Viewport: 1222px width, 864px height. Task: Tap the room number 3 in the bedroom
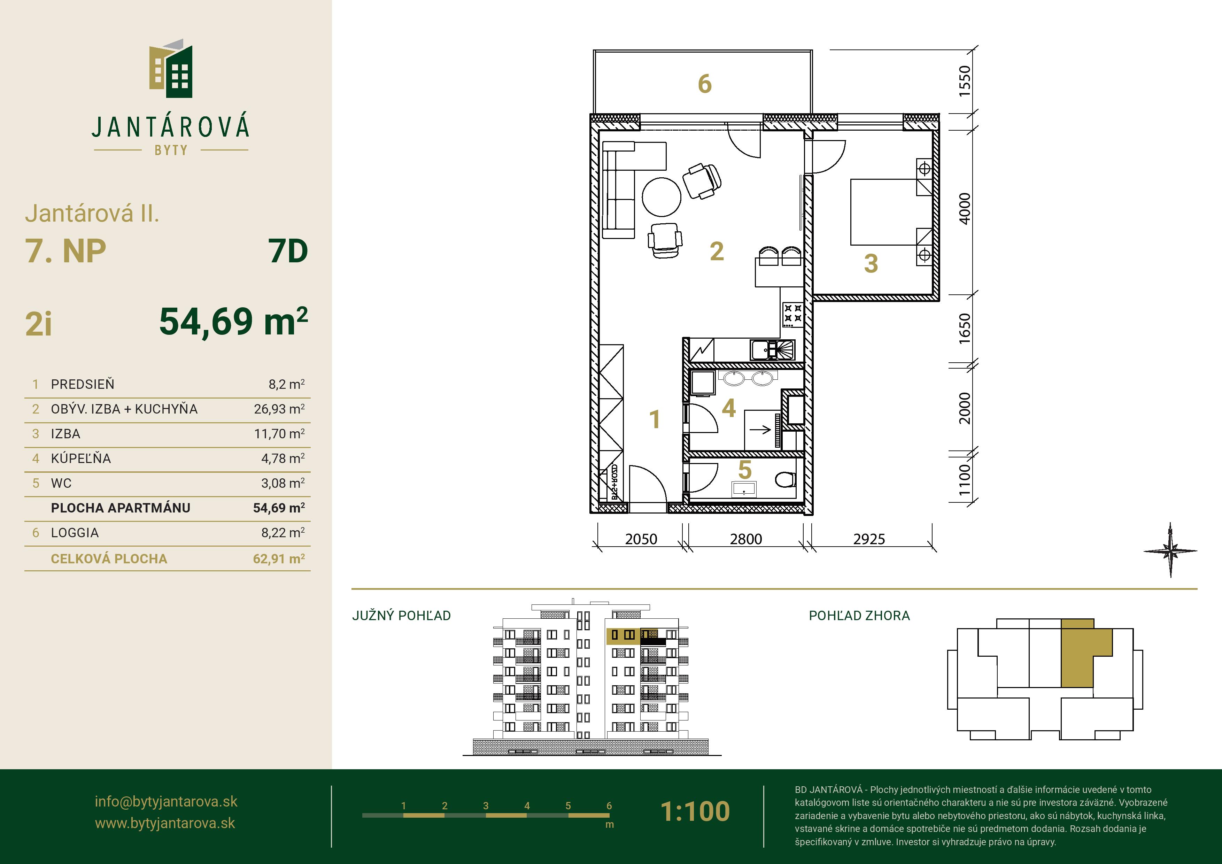pos(871,263)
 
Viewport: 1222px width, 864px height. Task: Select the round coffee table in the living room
pos(662,197)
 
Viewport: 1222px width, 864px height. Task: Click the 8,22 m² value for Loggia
pos(283,532)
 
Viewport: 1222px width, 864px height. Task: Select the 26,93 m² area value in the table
pos(279,409)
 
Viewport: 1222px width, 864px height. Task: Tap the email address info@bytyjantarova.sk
pos(166,802)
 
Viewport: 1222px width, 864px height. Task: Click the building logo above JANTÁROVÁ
pos(170,68)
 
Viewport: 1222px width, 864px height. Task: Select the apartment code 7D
pos(288,251)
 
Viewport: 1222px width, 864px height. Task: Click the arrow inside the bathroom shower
pos(760,429)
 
